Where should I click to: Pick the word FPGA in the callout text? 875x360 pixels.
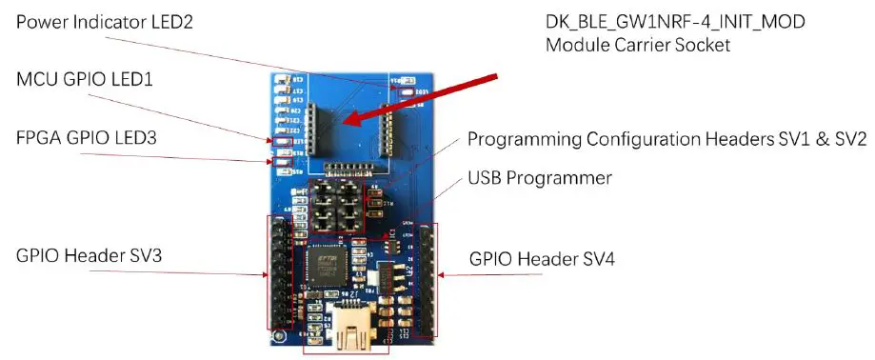coord(39,139)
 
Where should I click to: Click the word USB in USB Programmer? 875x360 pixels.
coord(484,178)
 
